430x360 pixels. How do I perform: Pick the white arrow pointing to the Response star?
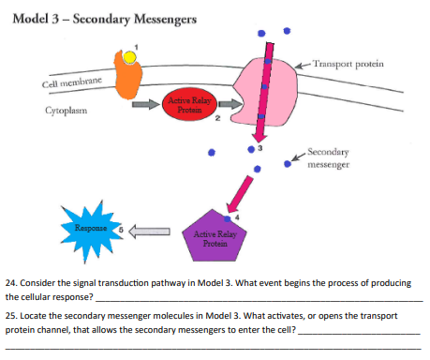[150, 228]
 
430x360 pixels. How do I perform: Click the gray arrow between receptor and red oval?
[145, 105]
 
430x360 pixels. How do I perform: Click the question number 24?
[10, 279]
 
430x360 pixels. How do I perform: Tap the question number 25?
[10, 317]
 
